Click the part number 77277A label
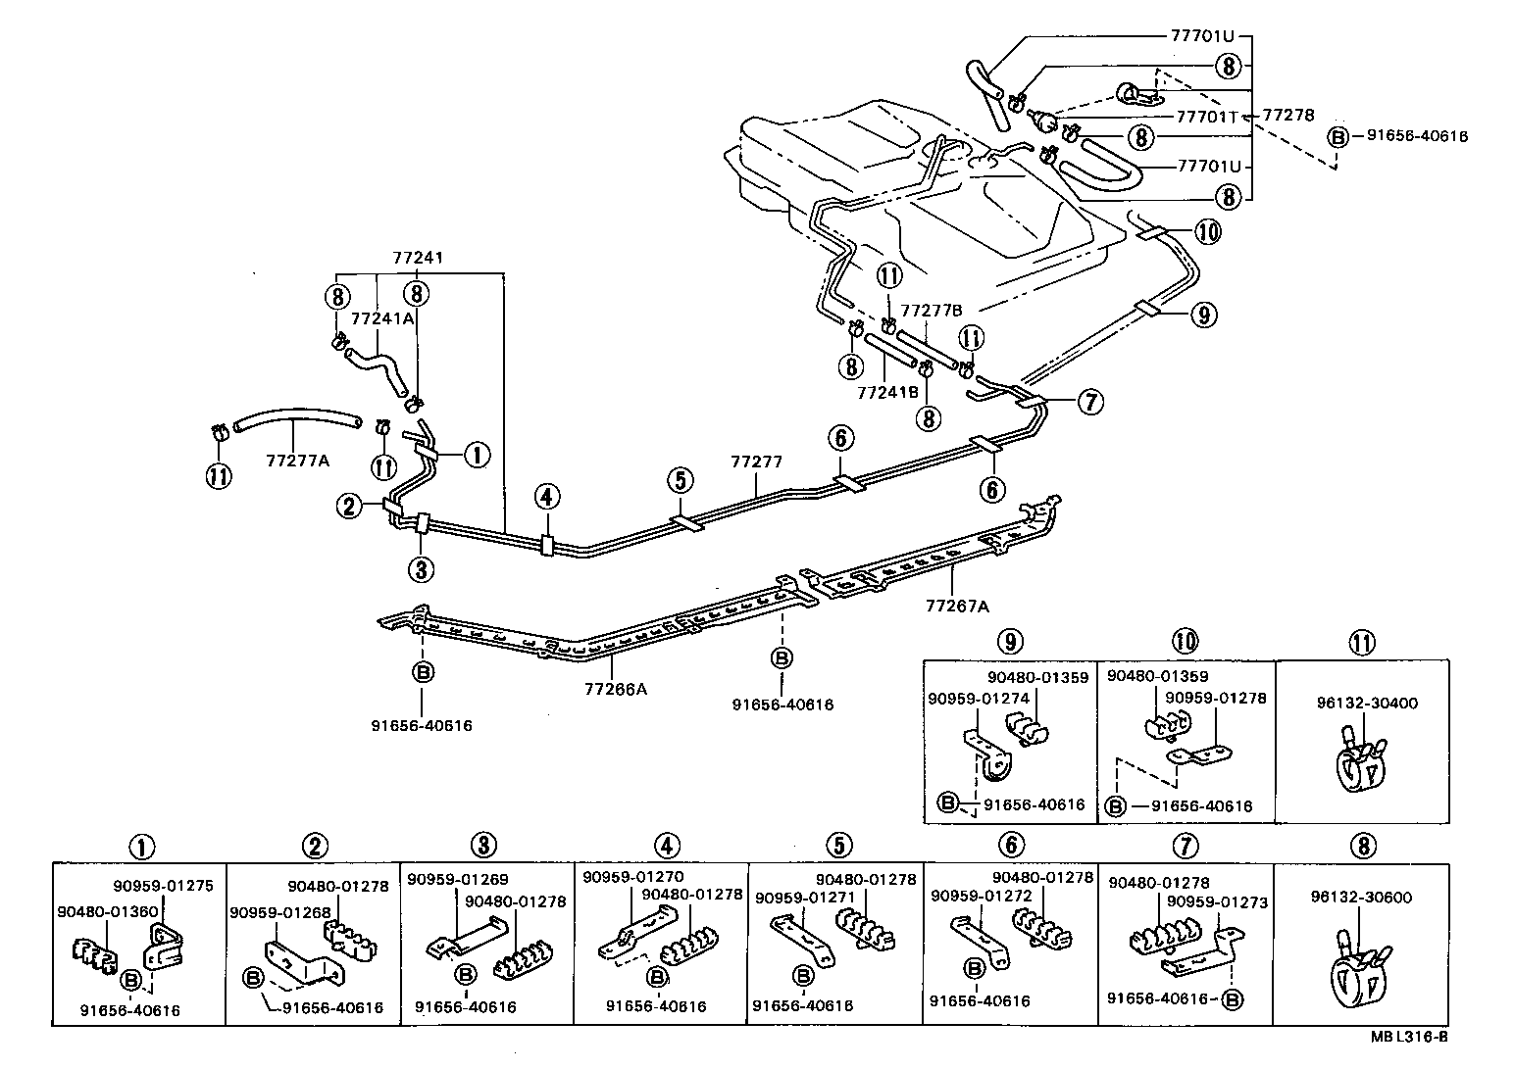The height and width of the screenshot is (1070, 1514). pos(297,460)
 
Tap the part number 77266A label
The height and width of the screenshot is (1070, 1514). pos(614,688)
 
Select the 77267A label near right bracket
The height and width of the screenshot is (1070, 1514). pos(956,606)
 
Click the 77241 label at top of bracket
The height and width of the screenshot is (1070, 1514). pos(418,258)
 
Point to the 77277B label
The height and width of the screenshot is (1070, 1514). pos(933,310)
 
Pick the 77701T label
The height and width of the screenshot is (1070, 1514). pos(1209,116)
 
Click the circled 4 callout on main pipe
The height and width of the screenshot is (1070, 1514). pos(547,499)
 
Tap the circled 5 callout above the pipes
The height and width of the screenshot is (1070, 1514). pos(681,479)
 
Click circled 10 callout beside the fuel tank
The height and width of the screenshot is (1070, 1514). pos(1208,231)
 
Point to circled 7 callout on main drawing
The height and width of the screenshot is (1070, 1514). pos(1090,401)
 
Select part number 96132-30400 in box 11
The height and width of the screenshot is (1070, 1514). pos(1359,703)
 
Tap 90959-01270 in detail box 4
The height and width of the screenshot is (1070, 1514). pos(631,876)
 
